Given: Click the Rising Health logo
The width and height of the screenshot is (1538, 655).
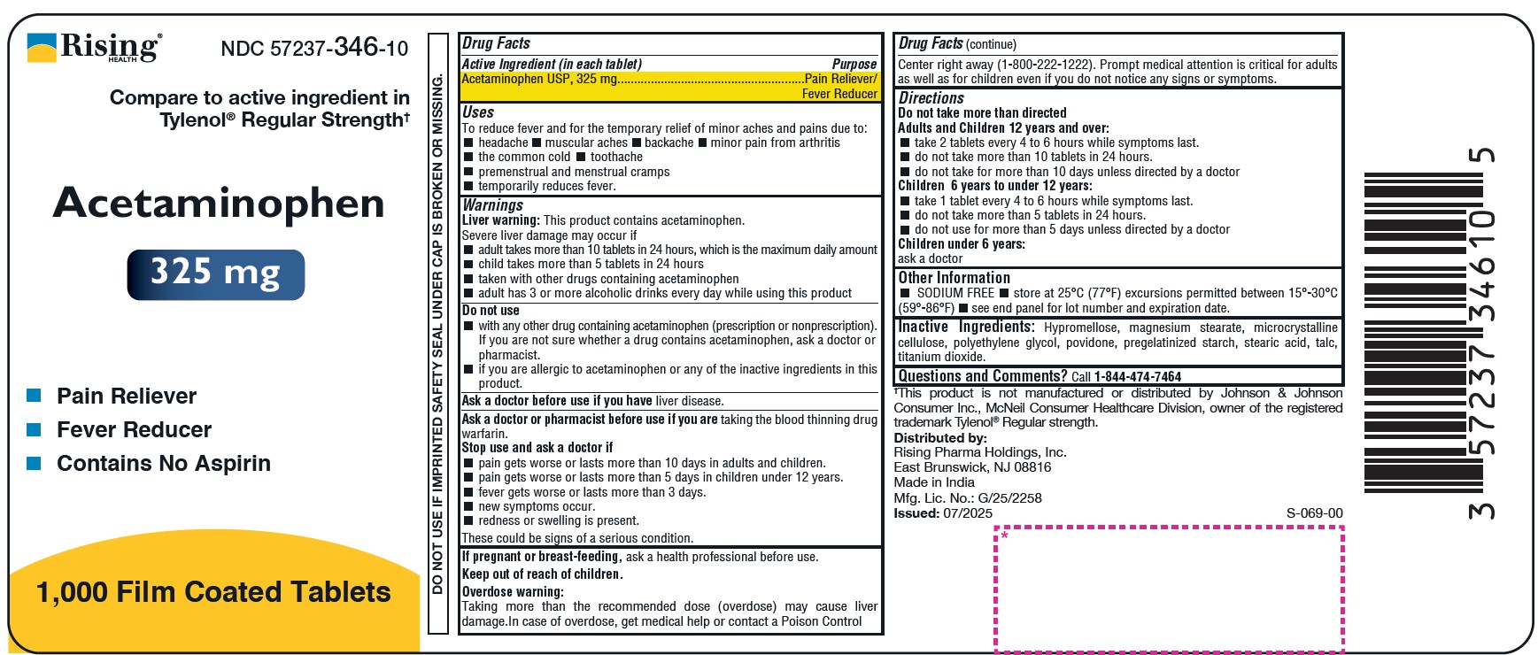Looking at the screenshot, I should [x=95, y=47].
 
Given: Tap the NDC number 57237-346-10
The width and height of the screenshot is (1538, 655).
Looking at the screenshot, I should [x=314, y=48].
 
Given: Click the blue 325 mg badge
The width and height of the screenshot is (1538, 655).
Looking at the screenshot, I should [x=216, y=274].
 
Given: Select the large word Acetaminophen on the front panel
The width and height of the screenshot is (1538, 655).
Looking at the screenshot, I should [x=219, y=204].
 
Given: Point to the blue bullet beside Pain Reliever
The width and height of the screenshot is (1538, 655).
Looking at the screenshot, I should [x=35, y=396].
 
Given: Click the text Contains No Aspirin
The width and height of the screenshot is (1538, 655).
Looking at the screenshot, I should [x=164, y=463].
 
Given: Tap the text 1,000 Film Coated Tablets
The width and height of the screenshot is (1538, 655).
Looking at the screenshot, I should [x=213, y=591].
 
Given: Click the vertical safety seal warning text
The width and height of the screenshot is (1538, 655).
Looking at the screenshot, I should [x=437, y=334].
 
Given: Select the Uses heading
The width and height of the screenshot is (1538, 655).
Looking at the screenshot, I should [x=478, y=112].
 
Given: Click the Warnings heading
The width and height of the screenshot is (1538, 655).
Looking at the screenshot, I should [x=492, y=204].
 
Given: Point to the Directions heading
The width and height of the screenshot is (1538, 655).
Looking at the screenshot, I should [x=931, y=98].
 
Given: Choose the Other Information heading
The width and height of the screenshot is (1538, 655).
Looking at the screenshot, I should [x=954, y=277].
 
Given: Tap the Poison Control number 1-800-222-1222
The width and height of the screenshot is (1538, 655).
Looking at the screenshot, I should [x=1048, y=65].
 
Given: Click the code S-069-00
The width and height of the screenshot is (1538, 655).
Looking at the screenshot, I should [x=1314, y=513].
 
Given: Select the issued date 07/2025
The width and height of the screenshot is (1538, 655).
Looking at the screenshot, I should [x=968, y=513].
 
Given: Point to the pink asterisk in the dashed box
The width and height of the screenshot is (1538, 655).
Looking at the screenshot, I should [x=1005, y=536].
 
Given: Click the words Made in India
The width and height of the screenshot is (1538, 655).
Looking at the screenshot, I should [x=934, y=482].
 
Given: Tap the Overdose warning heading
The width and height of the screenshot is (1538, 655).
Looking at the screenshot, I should [x=513, y=591].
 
